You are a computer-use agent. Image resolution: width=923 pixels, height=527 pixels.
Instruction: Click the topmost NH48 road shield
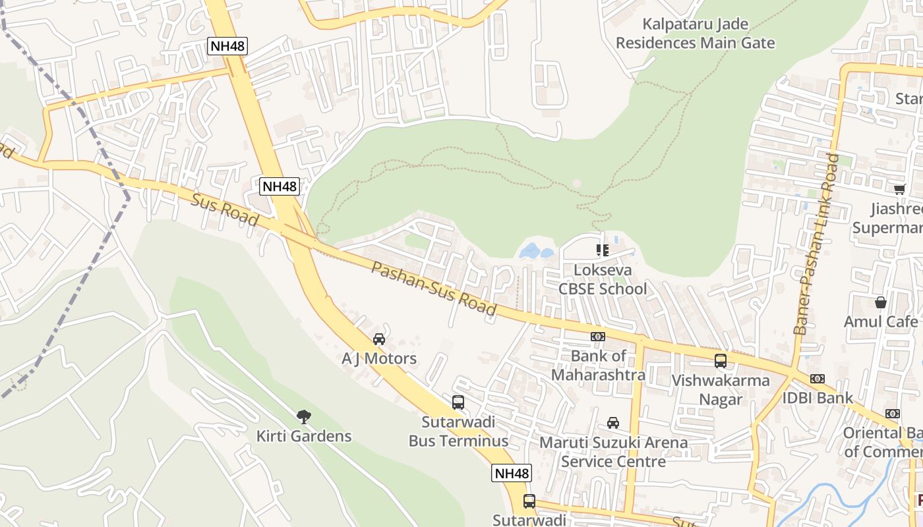[227, 46]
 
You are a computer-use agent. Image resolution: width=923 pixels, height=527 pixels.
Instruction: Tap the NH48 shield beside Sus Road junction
[280, 186]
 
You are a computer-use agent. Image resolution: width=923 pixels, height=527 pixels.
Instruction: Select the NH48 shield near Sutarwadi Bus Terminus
[512, 473]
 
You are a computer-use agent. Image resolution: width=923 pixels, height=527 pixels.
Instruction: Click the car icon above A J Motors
[379, 339]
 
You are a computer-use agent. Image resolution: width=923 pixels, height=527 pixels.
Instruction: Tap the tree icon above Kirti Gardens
[303, 416]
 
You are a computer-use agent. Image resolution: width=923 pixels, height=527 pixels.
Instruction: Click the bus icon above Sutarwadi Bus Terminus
[458, 402]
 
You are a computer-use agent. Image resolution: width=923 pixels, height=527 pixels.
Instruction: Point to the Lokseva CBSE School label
[603, 279]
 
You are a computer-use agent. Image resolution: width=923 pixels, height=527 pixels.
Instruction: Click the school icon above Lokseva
[602, 250]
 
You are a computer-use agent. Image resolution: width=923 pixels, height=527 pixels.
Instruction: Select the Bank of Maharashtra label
[599, 366]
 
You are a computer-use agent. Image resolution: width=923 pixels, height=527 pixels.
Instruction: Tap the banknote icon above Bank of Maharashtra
[598, 337]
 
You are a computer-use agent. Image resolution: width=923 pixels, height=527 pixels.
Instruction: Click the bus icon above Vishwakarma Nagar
[721, 361]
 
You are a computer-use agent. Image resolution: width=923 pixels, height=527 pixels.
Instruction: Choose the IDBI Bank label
[818, 398]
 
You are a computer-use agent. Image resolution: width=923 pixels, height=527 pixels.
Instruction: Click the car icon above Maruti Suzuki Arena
[613, 422]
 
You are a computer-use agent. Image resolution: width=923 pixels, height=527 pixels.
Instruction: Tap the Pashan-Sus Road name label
[434, 289]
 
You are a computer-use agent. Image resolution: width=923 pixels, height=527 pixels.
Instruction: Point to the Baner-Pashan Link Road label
[818, 244]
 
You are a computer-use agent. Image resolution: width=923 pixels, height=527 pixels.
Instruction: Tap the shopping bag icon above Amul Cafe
[881, 302]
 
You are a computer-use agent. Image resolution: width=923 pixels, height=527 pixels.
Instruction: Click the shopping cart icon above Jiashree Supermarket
[899, 190]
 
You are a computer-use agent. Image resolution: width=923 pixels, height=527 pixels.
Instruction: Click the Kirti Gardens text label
[304, 436]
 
